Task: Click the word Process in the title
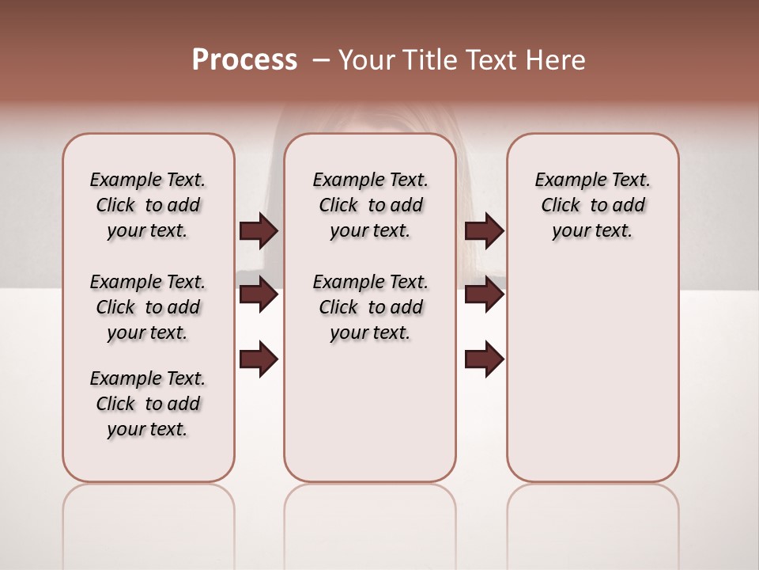tap(244, 60)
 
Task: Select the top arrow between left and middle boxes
tap(259, 230)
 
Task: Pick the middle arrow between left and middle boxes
tap(259, 294)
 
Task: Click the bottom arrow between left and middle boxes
tap(259, 359)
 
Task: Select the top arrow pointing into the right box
tap(484, 230)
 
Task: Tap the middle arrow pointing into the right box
tap(484, 294)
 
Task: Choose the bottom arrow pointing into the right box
tap(484, 359)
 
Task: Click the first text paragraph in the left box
tap(148, 205)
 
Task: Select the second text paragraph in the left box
tap(148, 307)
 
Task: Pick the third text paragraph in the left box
tap(148, 404)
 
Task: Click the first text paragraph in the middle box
tap(370, 205)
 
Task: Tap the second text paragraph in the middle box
tap(370, 307)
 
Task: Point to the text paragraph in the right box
tap(592, 205)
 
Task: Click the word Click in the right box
tap(561, 206)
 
